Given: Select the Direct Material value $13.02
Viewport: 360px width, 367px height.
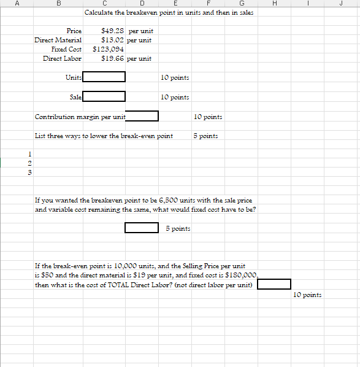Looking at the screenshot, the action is pos(113,40).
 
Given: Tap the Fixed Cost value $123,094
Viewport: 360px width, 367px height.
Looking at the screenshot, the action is pos(109,49).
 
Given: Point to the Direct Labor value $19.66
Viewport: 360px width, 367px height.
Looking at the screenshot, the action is pos(113,58).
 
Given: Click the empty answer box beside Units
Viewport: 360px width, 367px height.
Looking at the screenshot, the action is pos(104,77).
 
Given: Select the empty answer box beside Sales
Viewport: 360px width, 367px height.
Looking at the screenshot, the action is pos(104,96).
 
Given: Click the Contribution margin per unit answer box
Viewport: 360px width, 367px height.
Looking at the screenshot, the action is pos(142,116).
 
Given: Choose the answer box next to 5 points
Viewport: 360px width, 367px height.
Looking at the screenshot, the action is pos(142,228).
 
